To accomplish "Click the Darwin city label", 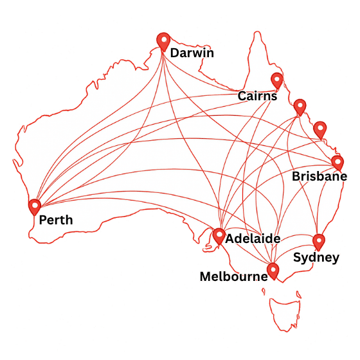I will tap(192, 53).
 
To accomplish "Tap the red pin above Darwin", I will tap(163, 41).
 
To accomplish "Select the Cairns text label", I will tap(257, 96).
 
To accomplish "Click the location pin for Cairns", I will tap(277, 80).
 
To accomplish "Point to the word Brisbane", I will tap(319, 176).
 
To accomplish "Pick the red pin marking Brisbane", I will tap(337, 162).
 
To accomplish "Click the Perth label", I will tap(56, 221).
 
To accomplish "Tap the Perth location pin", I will tap(35, 206).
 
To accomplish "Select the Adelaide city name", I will tap(253, 239).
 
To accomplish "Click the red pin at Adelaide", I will tap(219, 237).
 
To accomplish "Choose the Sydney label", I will tap(316, 258).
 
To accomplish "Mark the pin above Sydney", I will tap(319, 242).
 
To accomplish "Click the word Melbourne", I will tap(233, 277).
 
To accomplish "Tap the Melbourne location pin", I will tap(273, 271).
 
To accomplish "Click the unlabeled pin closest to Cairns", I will tap(300, 106).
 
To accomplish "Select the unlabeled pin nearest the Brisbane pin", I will tap(319, 129).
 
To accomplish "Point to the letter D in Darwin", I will tap(174, 53).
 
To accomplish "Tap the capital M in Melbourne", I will tap(205, 277).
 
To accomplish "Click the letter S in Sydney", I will tap(297, 258).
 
